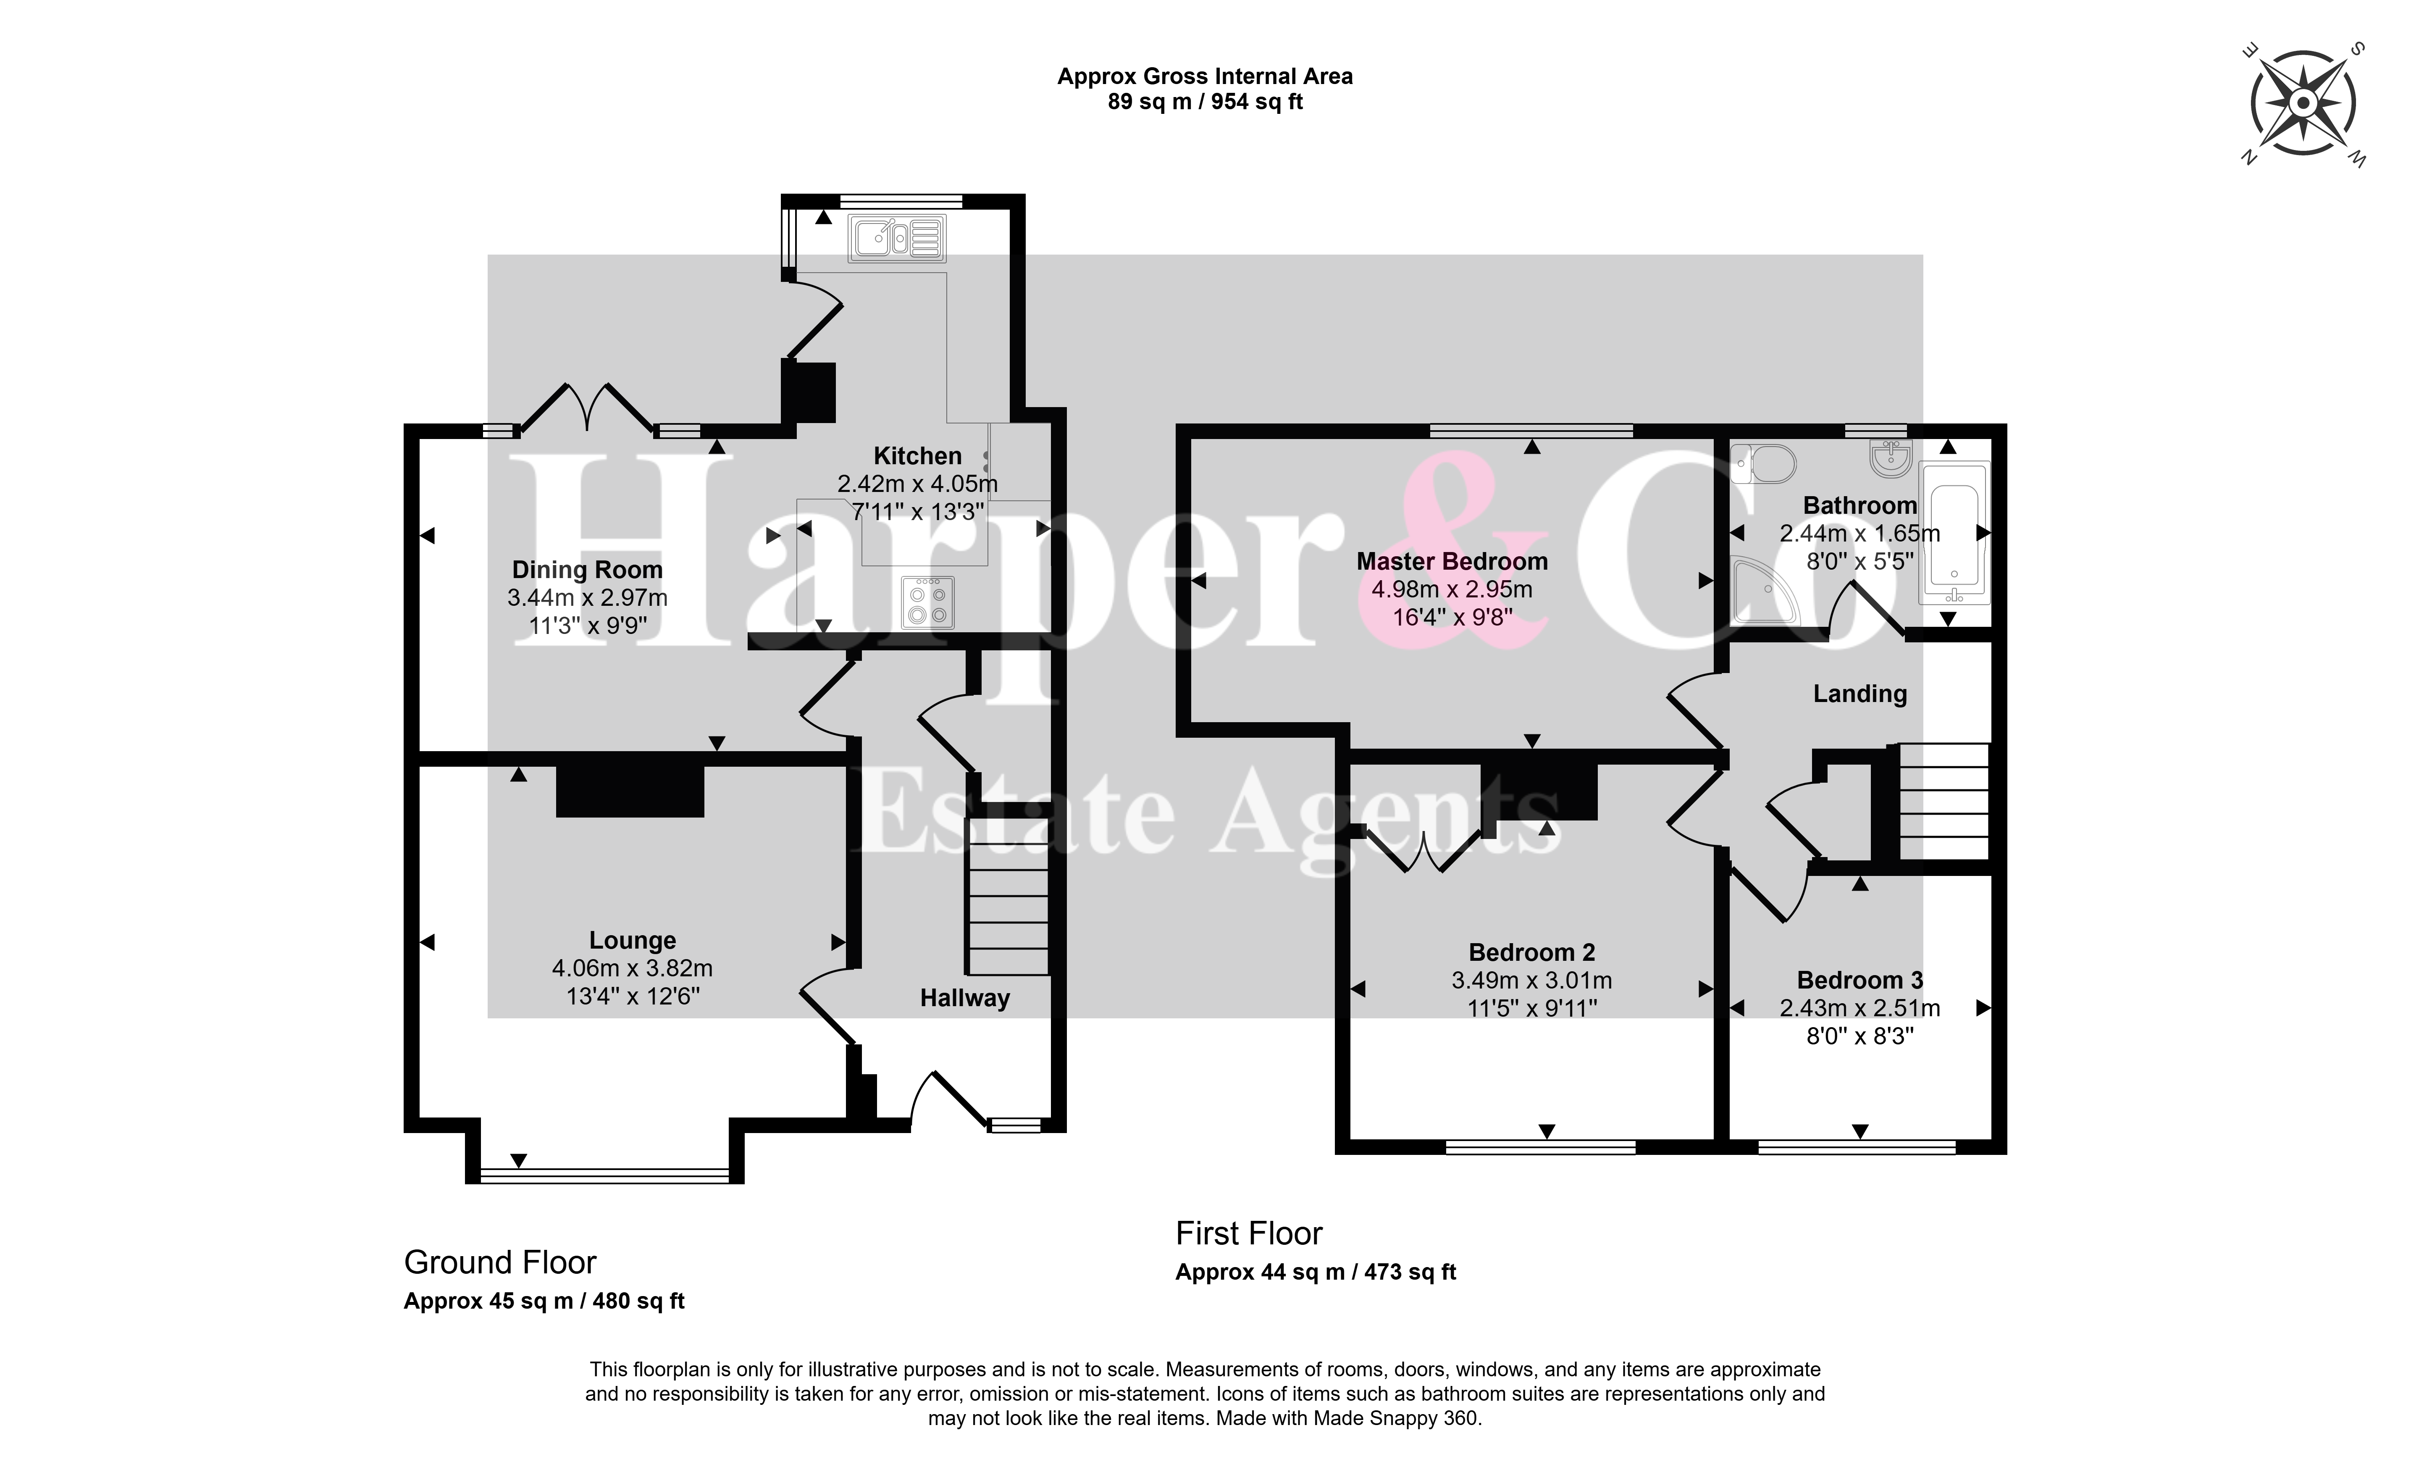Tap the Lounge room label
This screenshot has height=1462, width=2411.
(632, 940)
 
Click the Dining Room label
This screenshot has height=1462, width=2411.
(587, 570)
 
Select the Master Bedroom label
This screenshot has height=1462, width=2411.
(1452, 562)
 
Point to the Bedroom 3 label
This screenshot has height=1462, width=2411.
(1860, 981)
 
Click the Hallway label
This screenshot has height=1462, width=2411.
(965, 998)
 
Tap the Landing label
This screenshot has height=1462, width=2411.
(1860, 694)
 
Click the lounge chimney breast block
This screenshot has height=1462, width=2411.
(630, 791)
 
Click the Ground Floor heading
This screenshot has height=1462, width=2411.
(500, 1263)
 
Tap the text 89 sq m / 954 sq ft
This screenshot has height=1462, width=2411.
(1205, 102)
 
